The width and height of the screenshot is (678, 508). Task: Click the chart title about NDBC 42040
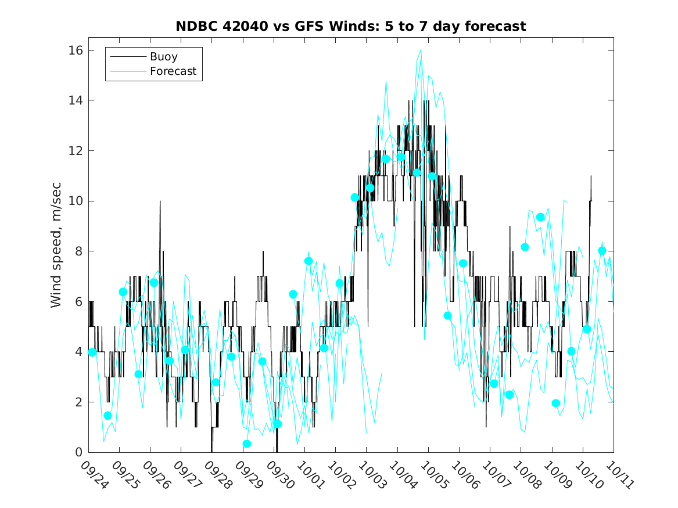click(351, 26)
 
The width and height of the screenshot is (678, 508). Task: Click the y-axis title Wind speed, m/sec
click(56, 251)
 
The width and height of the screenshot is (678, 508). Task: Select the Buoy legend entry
click(163, 57)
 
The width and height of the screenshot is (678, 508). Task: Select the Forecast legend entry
click(173, 71)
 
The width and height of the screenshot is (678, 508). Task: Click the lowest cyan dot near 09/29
click(247, 444)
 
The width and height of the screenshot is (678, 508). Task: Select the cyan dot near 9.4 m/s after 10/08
click(540, 217)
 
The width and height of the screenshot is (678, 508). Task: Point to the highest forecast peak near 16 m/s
click(421, 50)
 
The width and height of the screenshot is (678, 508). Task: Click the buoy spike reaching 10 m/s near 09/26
click(160, 201)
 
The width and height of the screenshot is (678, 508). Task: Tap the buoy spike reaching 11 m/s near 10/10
click(591, 176)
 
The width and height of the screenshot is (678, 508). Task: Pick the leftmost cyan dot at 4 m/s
click(92, 352)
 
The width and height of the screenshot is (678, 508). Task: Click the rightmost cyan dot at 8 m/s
click(602, 251)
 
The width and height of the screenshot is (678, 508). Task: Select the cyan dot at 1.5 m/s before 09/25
click(107, 416)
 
